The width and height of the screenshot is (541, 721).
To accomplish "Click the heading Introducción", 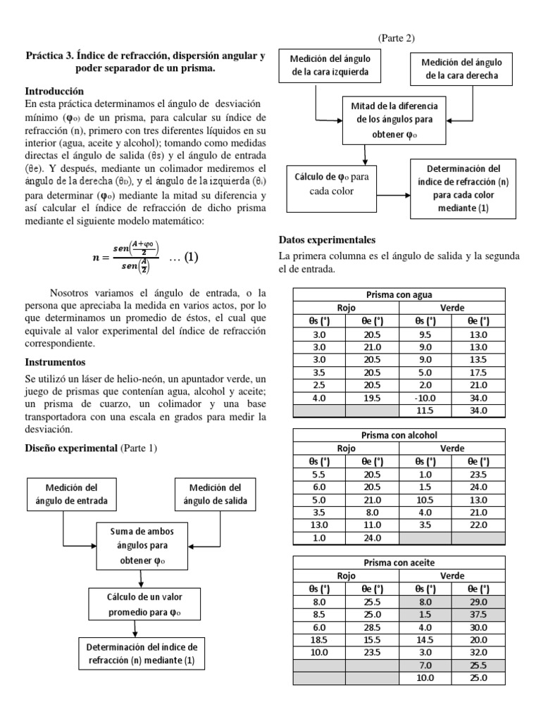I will point(54,91).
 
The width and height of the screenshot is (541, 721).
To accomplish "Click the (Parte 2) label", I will point(401,38).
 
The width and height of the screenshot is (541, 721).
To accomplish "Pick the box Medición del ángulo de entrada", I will point(70,494).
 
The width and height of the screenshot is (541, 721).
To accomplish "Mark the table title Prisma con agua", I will point(399,294).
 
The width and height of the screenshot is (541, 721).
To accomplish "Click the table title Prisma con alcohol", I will point(399,434).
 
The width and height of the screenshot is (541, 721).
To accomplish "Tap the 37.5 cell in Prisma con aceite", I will point(478,613).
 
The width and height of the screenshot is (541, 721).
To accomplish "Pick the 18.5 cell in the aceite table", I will point(318,639).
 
